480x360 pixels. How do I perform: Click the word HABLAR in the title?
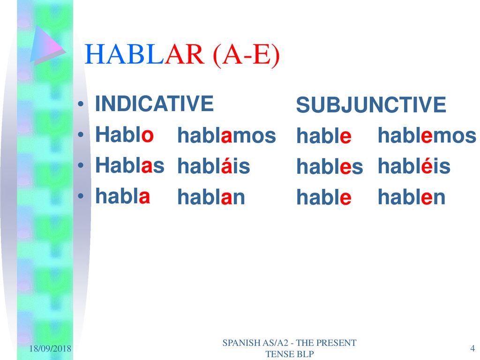144,54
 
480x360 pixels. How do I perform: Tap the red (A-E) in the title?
246,55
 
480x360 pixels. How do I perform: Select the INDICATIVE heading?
154,104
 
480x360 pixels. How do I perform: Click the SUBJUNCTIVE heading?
371,105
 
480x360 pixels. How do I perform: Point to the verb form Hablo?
124,135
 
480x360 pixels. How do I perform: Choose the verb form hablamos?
226,135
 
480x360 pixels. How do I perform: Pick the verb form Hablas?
130,165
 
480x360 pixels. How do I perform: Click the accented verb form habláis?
214,165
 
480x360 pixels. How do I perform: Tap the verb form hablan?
211,196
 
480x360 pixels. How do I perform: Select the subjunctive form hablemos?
427,135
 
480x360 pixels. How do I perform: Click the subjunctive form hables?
330,166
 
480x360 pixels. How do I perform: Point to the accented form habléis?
414,165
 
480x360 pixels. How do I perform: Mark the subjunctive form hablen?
412,196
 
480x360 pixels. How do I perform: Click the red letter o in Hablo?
147,135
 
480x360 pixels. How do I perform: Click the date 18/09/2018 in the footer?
50,348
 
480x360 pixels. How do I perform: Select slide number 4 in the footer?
472,348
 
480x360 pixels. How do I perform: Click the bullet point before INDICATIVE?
81,104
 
